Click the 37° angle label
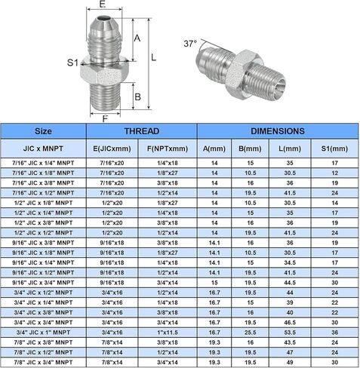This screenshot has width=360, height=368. tap(190, 44)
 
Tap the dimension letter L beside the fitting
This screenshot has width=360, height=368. tap(154, 57)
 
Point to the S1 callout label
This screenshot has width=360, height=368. tap(73, 63)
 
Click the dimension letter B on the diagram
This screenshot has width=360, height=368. tap(137, 97)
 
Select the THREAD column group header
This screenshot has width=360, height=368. tap(142, 131)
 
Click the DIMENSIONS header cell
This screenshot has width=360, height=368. tap(278, 131)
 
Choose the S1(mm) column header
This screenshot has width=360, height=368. tap(334, 149)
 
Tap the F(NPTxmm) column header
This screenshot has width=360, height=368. tap(168, 149)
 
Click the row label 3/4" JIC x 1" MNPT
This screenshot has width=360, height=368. tap(43, 333)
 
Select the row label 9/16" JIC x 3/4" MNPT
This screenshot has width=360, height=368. tap(43, 283)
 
